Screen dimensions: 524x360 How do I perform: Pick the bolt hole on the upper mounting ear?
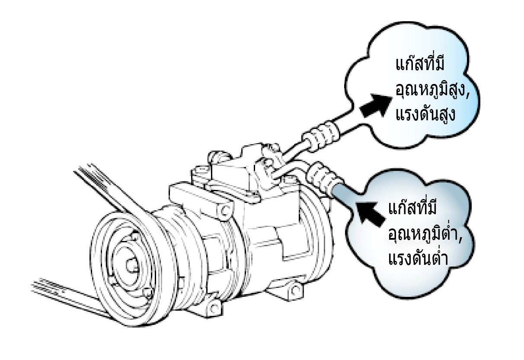coord(224,211)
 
